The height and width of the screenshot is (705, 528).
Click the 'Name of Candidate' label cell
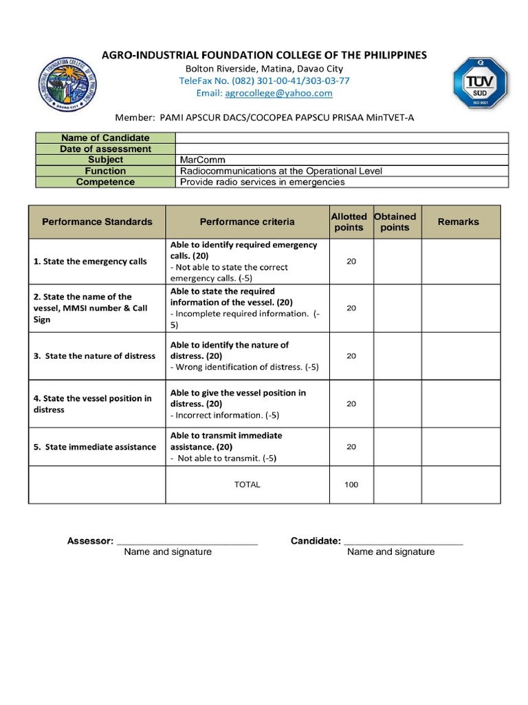(x=105, y=138)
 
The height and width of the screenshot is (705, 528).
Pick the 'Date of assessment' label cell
(x=105, y=149)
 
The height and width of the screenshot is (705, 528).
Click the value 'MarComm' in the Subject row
(x=202, y=160)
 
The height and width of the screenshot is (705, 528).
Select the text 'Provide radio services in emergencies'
(x=262, y=182)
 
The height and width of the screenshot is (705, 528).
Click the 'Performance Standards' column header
(x=97, y=222)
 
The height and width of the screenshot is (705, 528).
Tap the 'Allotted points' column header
(x=349, y=222)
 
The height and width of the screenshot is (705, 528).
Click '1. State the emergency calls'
(x=90, y=262)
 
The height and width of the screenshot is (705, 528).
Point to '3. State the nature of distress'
(x=94, y=356)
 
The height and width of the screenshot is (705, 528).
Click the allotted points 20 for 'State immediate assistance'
(x=351, y=447)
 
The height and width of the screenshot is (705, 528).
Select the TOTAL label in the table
(x=247, y=485)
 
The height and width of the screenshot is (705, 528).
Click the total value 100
(x=351, y=485)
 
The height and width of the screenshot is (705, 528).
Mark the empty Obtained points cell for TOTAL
(x=397, y=485)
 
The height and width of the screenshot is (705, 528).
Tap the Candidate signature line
(x=403, y=542)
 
